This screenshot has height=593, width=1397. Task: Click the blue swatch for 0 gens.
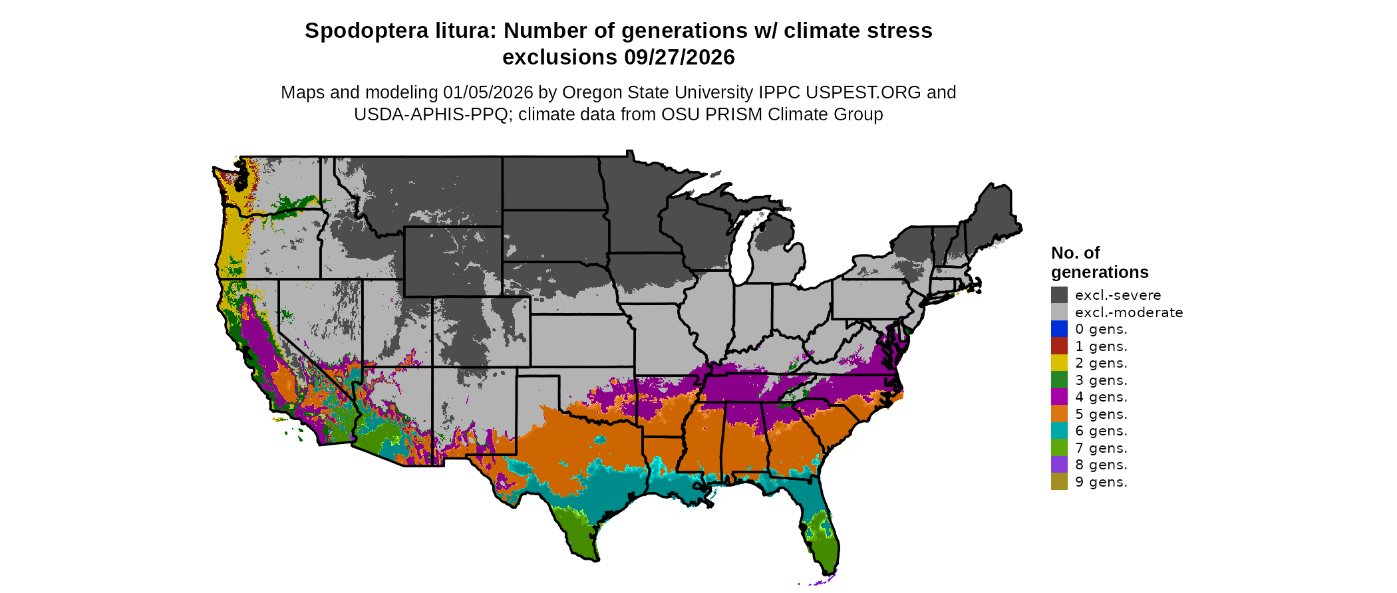click(1059, 329)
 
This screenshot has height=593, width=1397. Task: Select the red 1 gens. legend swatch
click(1059, 346)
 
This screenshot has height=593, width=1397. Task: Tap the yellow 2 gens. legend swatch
click(1059, 363)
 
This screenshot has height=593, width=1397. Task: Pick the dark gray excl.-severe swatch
click(1059, 295)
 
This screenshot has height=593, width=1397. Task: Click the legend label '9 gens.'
click(1101, 482)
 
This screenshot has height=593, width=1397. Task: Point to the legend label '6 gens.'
click(1101, 431)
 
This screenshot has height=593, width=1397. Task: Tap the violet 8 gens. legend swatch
click(1059, 465)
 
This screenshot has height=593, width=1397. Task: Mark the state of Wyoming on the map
click(452, 261)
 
